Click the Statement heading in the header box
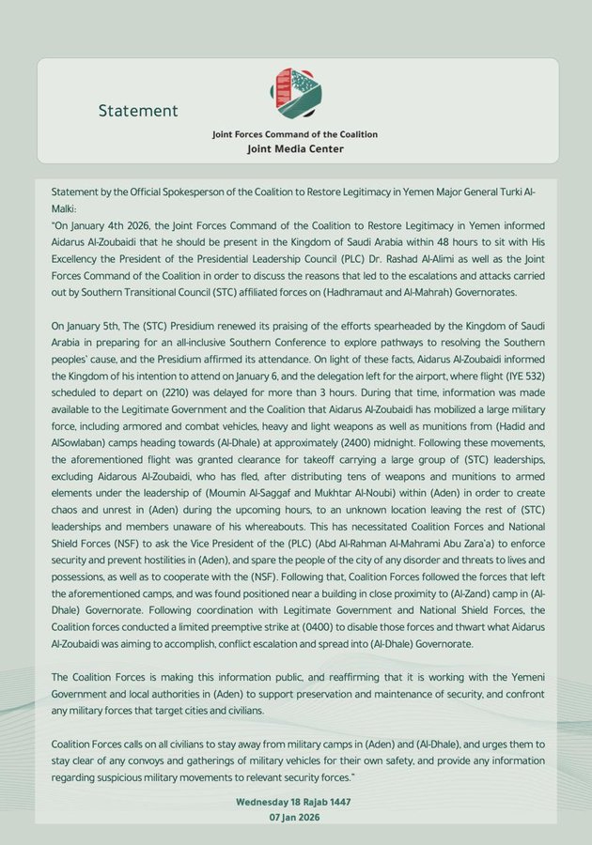click(x=138, y=111)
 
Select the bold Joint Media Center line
click(x=295, y=148)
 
